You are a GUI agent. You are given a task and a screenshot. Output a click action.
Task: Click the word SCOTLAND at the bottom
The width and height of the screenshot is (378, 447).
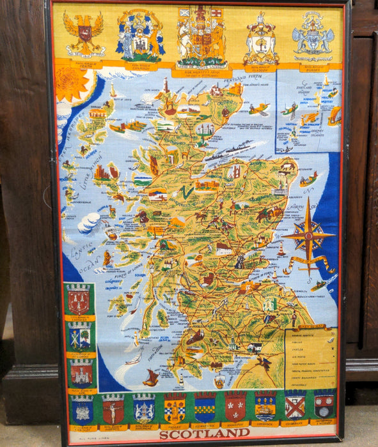204,434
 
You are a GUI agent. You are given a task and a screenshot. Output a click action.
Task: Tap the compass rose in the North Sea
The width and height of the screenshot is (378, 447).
308,237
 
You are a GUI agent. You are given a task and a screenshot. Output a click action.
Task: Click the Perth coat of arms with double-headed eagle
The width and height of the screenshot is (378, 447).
84,33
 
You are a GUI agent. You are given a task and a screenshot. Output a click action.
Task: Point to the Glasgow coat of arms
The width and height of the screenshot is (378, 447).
140,36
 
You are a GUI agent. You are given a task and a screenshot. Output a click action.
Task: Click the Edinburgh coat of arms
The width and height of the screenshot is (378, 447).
261,38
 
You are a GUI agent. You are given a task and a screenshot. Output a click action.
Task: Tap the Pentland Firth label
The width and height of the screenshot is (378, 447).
251,76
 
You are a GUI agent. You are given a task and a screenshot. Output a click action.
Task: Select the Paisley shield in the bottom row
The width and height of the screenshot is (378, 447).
175,407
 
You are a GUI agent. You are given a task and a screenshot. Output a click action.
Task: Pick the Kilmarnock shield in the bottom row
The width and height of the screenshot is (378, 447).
205,407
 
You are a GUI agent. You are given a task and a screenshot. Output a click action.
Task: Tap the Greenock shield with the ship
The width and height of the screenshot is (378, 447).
265,405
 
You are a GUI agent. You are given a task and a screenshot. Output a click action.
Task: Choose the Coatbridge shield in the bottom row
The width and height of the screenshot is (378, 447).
295,405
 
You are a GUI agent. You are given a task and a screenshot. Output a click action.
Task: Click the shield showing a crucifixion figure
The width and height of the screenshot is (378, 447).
113,409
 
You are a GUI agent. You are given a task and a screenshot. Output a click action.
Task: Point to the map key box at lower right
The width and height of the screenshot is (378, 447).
311,358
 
